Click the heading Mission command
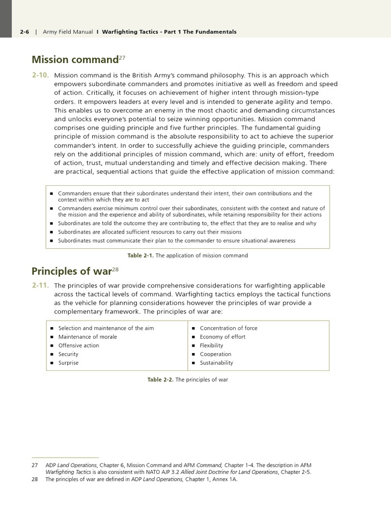pos(74,60)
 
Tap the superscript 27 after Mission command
pos(122,57)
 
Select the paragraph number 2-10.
pos(40,75)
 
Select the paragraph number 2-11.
pos(40,285)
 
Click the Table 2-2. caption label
pos(161,380)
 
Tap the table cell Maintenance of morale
pos(87,337)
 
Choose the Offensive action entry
pos(78,345)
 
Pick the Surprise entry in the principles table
pos(68,363)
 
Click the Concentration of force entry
pos(228,328)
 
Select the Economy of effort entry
pos(222,337)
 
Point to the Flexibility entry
pos(211,345)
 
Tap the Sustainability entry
pos(216,363)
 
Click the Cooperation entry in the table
pos(215,354)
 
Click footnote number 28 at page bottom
pos(35,479)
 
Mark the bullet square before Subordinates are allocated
pos(52,232)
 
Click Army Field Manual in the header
pos(68,32)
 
